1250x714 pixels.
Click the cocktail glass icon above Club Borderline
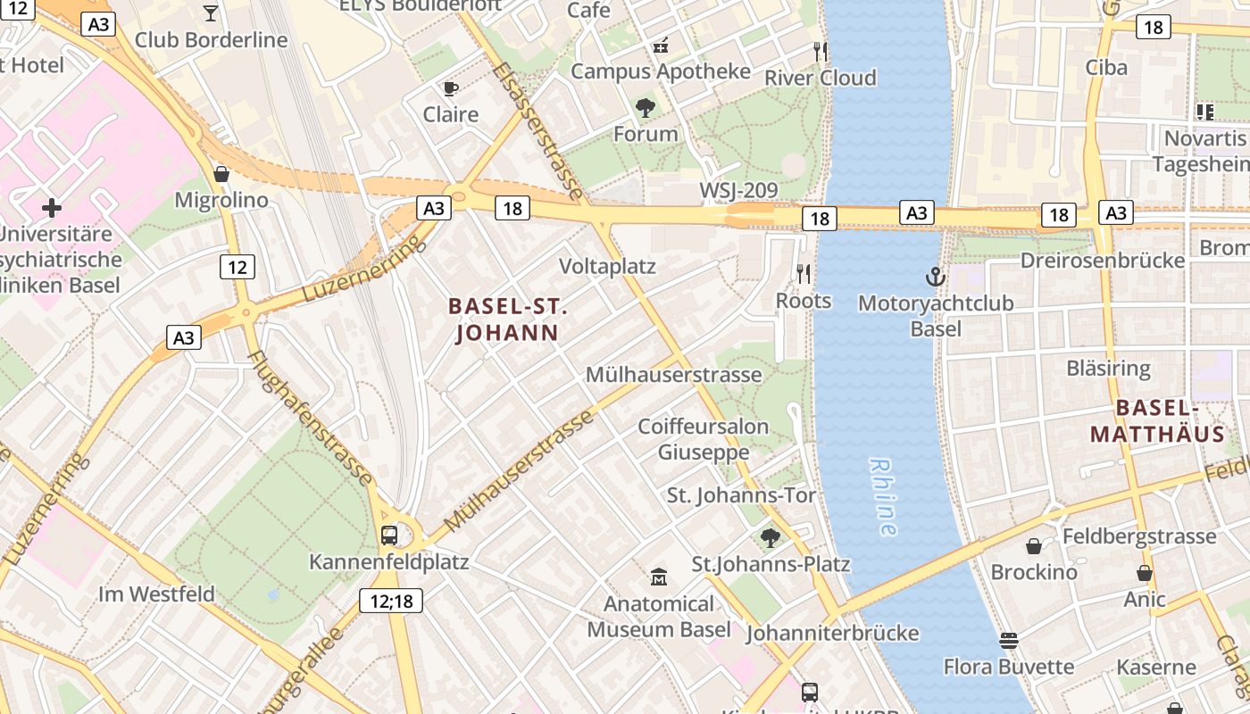211,12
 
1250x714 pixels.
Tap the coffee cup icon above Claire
451,87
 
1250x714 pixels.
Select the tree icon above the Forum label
646,108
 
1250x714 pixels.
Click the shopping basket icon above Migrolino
221,173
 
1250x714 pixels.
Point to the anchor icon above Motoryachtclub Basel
935,277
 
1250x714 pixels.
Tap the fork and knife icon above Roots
804,274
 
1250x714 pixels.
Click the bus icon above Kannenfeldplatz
389,535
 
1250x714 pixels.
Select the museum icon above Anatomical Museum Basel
659,577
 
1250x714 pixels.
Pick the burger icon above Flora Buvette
1009,640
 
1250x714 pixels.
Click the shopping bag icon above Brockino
1034,545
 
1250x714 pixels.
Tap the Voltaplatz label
607,266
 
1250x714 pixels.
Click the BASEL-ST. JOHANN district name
508,320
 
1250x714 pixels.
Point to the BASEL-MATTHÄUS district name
1157,421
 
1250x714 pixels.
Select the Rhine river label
883,497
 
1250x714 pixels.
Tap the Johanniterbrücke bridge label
832,633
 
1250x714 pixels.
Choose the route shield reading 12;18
391,601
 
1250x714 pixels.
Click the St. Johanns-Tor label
741,494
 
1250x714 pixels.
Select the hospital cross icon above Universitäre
52,208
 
